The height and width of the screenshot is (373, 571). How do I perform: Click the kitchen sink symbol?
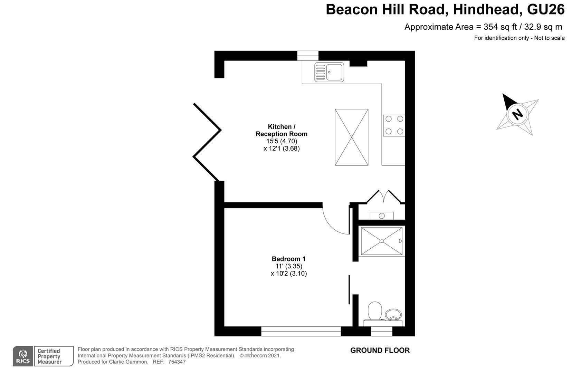click(329, 73)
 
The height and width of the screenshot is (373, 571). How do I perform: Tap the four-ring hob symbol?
click(394, 125)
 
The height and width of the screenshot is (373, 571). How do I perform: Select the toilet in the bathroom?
click(375, 311)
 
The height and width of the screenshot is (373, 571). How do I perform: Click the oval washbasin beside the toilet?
click(393, 315)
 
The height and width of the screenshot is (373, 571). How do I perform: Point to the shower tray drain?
click(382, 241)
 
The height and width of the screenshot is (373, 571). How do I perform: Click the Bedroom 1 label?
click(288, 259)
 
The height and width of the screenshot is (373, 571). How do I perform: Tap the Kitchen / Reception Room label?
click(282, 130)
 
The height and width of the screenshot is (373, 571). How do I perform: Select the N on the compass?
click(517, 114)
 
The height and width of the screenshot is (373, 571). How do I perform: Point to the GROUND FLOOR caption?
click(380, 351)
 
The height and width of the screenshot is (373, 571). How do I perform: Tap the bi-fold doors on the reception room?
click(207, 142)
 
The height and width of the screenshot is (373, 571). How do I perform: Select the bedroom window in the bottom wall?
click(301, 332)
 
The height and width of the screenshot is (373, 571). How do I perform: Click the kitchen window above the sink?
click(308, 56)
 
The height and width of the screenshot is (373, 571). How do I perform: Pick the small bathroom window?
click(382, 332)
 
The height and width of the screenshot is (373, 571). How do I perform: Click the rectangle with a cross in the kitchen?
click(352, 137)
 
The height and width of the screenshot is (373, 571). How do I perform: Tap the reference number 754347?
click(177, 362)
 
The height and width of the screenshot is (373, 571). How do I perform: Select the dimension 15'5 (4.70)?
click(282, 141)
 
